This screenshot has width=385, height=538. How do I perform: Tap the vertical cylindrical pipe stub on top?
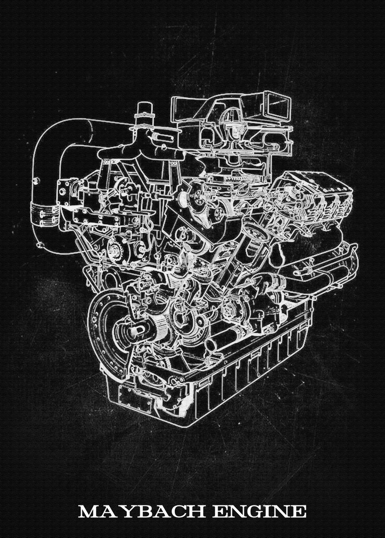point(144,112)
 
